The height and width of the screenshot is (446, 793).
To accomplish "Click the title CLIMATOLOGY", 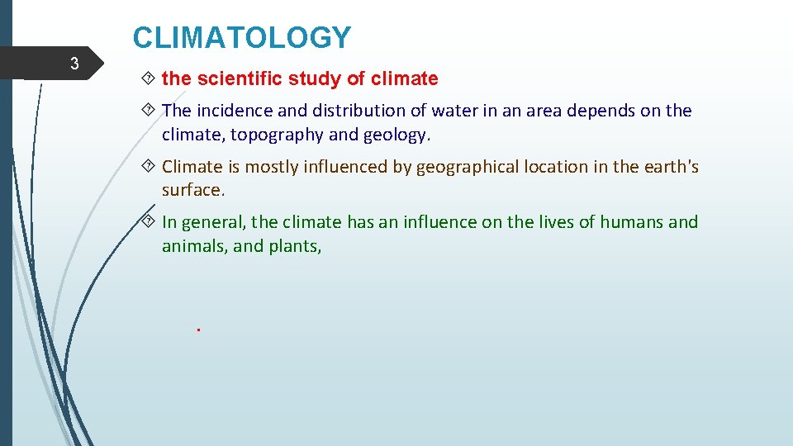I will [242, 38].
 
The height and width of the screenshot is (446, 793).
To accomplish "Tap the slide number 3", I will [74, 64].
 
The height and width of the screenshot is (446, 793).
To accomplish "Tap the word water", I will [457, 111].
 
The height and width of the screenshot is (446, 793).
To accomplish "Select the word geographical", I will [467, 167].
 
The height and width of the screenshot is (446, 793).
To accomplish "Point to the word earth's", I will [672, 167].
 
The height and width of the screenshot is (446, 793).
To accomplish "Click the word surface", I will [192, 189].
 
